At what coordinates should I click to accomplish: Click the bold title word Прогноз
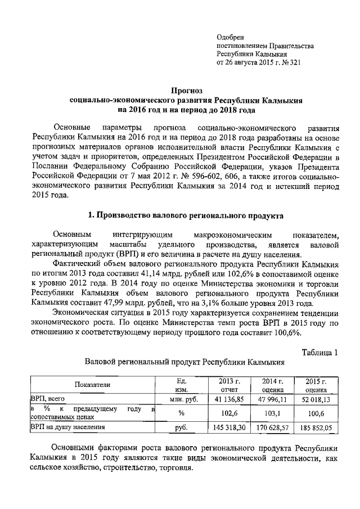point(186,89)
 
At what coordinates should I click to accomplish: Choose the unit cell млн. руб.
point(181,399)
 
